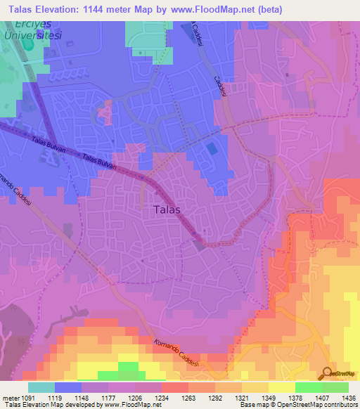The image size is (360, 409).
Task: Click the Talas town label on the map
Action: coord(167,209)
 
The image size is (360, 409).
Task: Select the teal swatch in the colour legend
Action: coord(41,387)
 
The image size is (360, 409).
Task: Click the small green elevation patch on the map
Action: coord(127,368)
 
